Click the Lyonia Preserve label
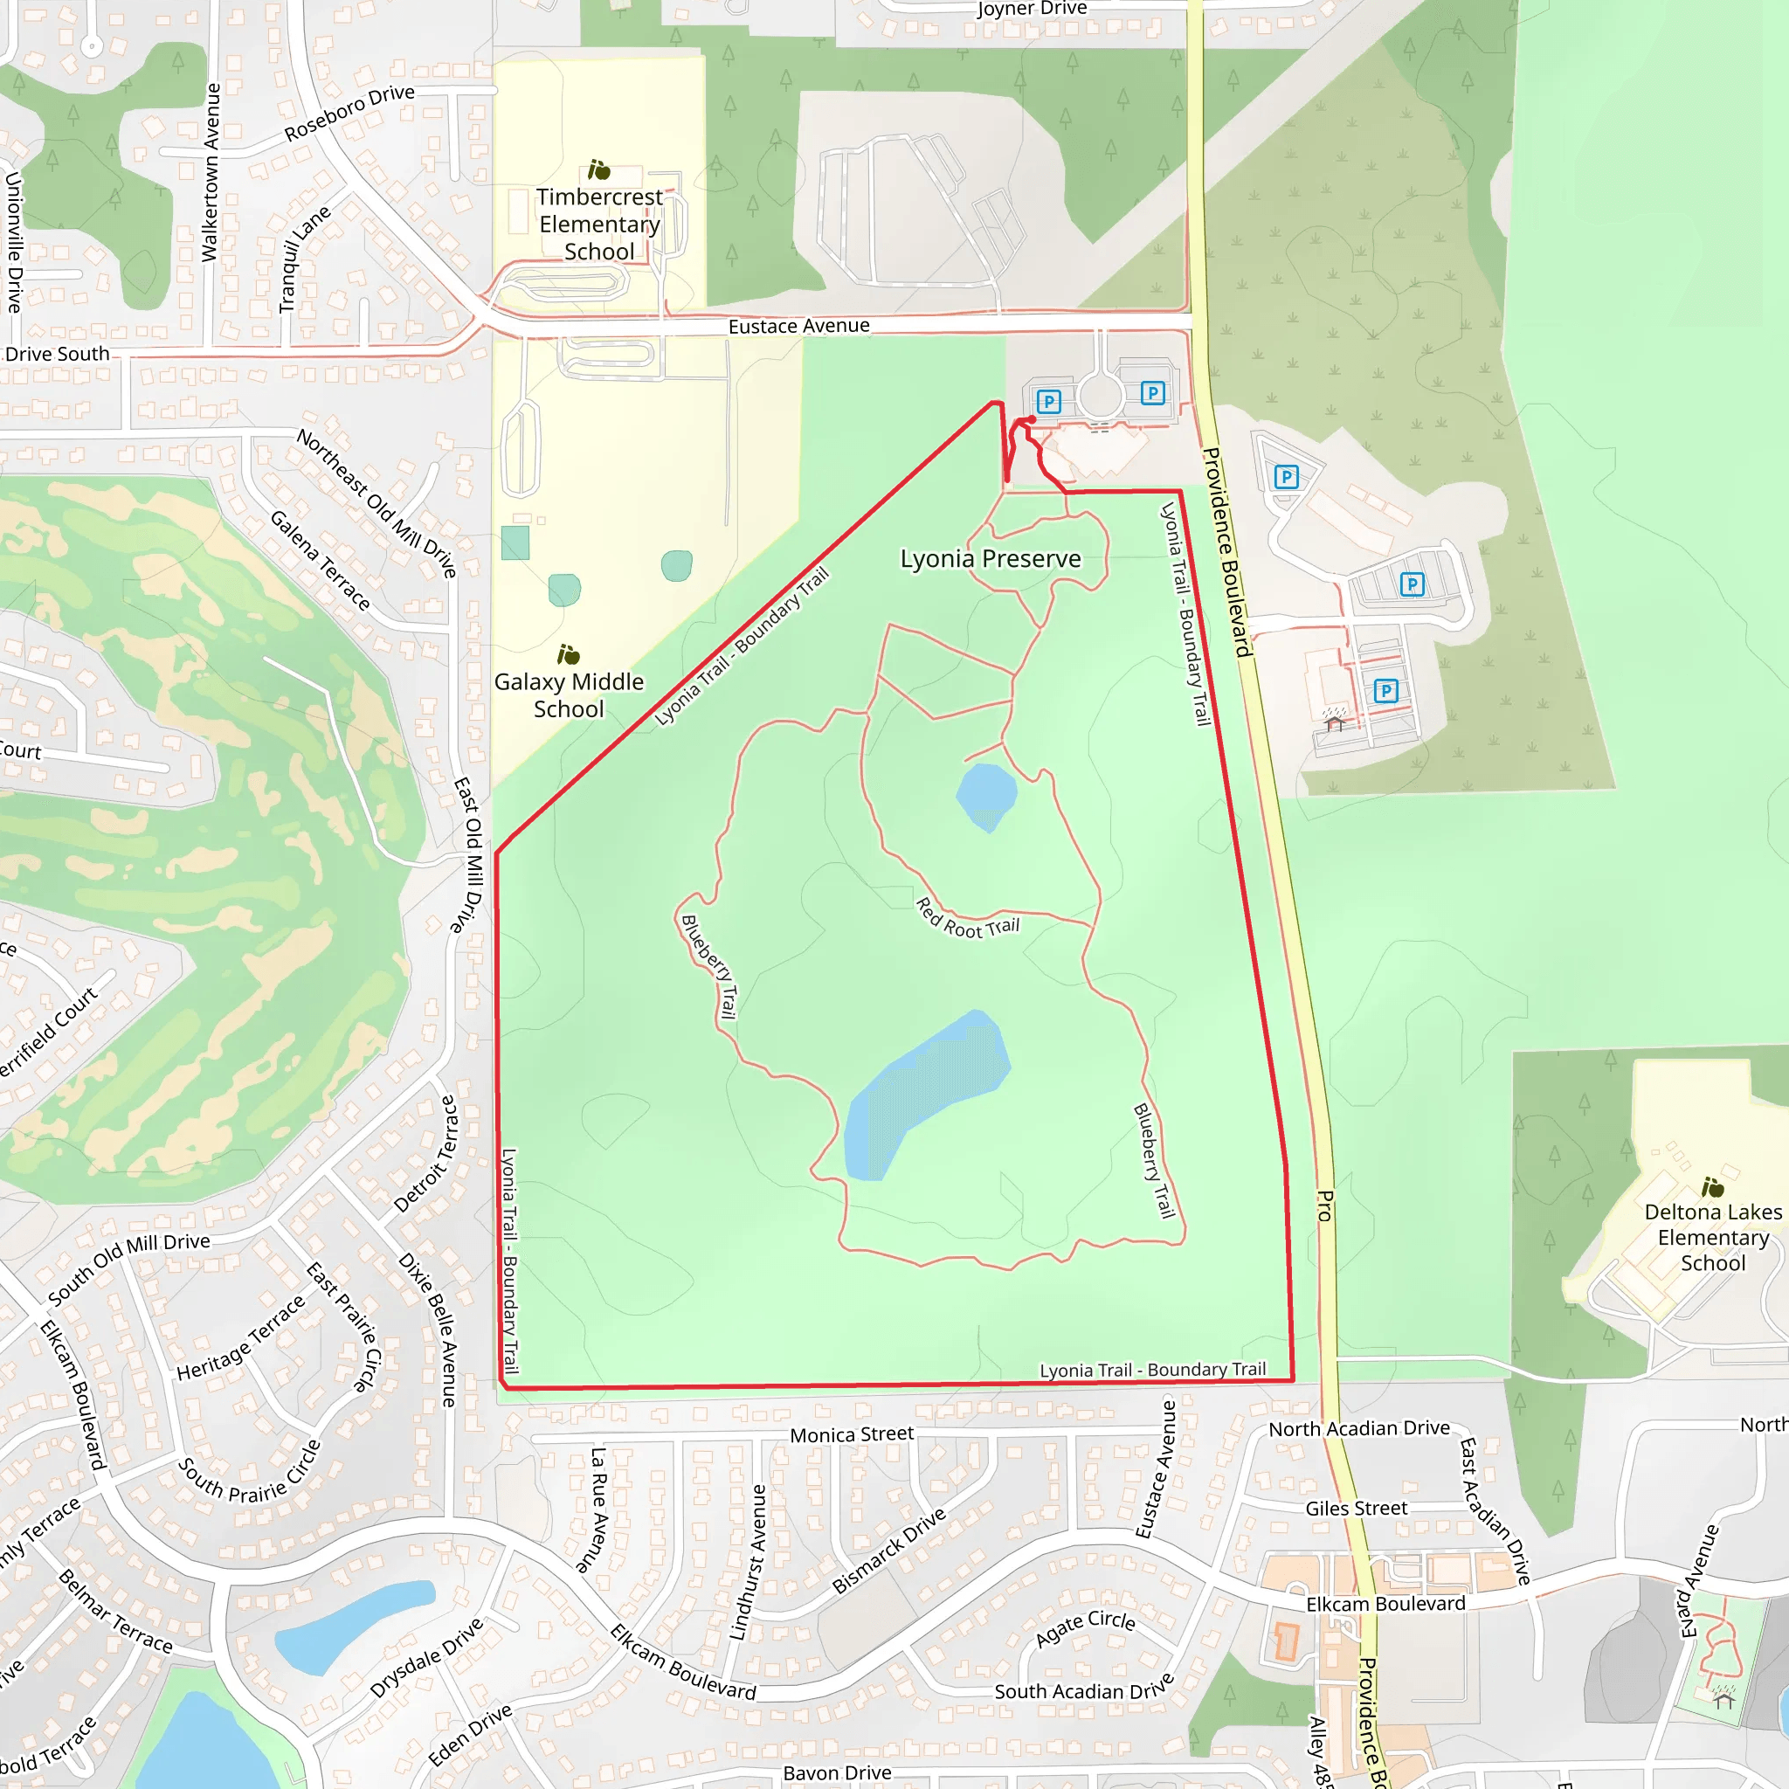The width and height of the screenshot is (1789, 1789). coord(990,559)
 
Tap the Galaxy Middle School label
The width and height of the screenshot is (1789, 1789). coord(569,695)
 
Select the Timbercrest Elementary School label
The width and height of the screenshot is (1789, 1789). coord(599,224)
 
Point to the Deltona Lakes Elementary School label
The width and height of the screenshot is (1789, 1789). coord(1712,1237)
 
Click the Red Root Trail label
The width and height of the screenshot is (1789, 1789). coord(967,921)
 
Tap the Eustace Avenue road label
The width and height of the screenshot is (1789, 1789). coord(798,326)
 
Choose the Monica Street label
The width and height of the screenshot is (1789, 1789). coord(851,1434)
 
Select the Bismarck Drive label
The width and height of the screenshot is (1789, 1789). coord(888,1551)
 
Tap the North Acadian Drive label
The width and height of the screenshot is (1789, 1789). coord(1358,1429)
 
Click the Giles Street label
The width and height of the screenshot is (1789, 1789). coord(1356,1509)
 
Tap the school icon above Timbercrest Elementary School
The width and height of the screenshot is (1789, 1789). coord(599,170)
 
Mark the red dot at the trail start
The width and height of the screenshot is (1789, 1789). coord(1032,420)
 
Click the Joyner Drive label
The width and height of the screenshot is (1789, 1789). coord(1032,10)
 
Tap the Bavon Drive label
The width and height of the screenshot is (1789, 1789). coord(837,1772)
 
